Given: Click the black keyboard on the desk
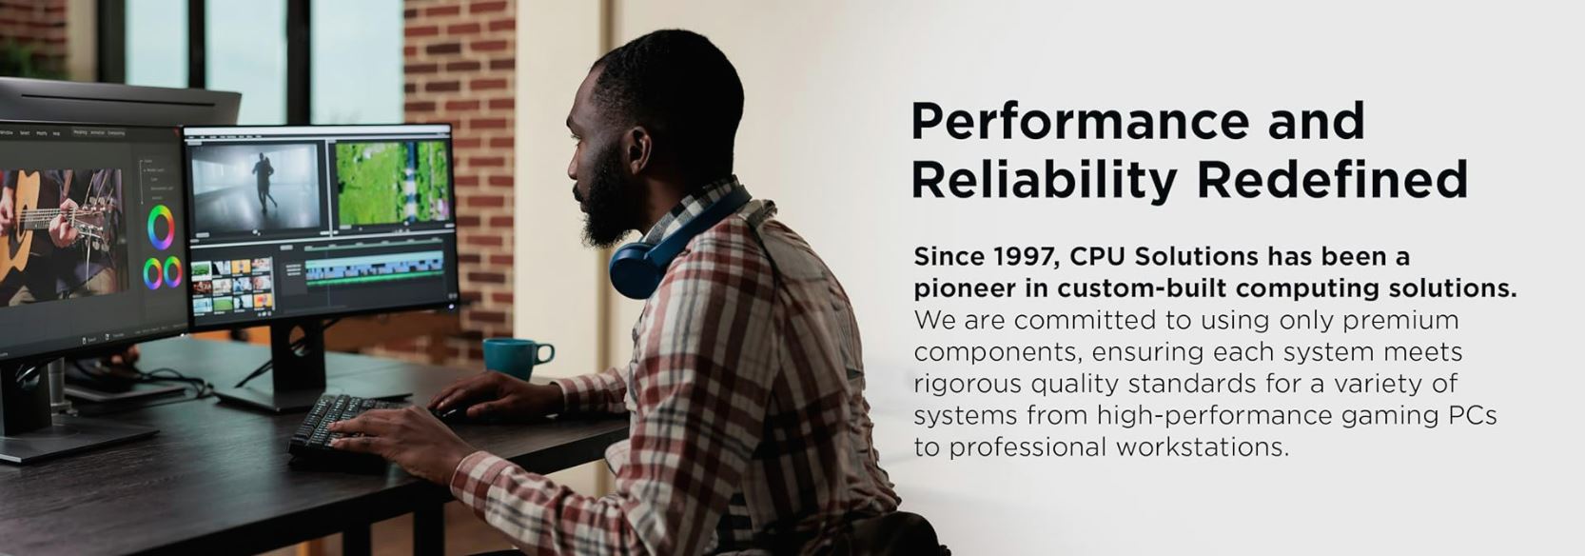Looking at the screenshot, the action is [340, 433].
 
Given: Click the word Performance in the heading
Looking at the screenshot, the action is [1080, 123].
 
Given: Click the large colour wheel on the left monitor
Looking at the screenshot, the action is [161, 227].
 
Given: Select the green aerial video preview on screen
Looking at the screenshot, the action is [392, 183].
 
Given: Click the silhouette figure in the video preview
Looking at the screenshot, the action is [264, 182].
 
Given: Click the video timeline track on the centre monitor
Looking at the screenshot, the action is [374, 269].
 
